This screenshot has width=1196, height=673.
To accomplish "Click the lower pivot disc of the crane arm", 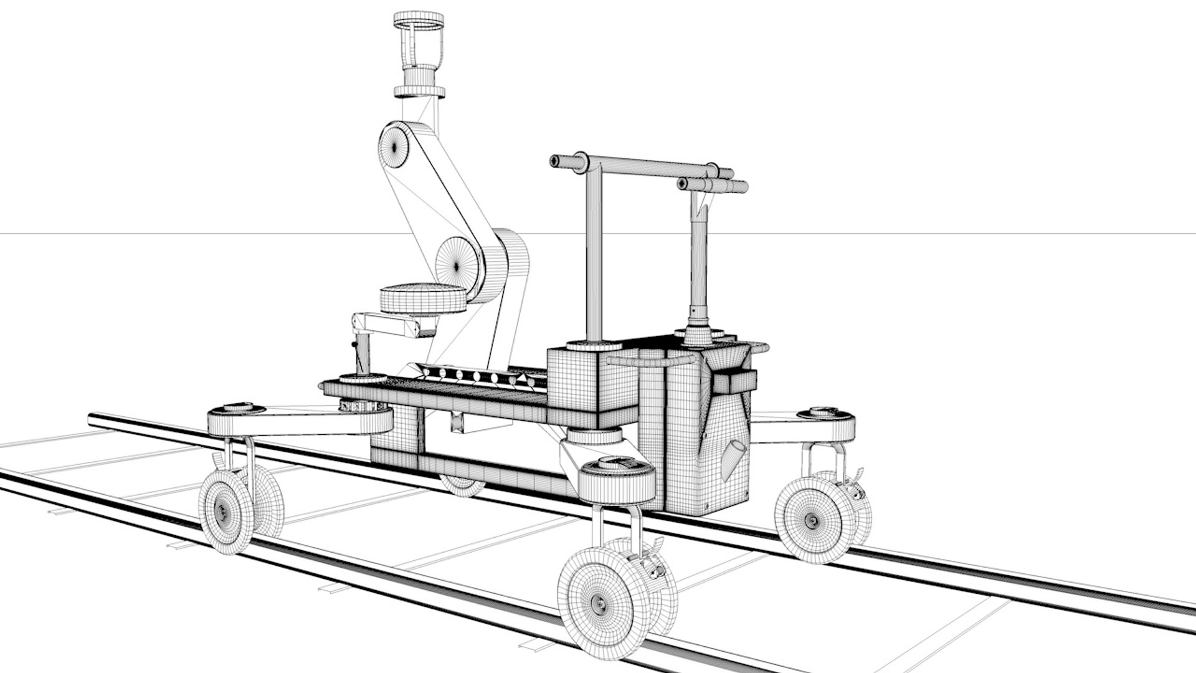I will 458,265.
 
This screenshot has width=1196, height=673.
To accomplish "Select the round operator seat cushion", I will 423,299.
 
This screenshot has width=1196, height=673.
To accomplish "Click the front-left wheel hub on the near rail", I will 223,511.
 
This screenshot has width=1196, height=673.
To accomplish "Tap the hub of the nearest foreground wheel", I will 598,603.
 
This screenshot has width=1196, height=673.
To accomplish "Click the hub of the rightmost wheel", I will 812,520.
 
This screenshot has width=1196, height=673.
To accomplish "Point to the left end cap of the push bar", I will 554,161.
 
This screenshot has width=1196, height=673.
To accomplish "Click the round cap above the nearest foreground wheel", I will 616,464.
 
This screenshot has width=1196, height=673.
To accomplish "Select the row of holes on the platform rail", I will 477,376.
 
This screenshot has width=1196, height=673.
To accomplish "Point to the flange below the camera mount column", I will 419,93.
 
